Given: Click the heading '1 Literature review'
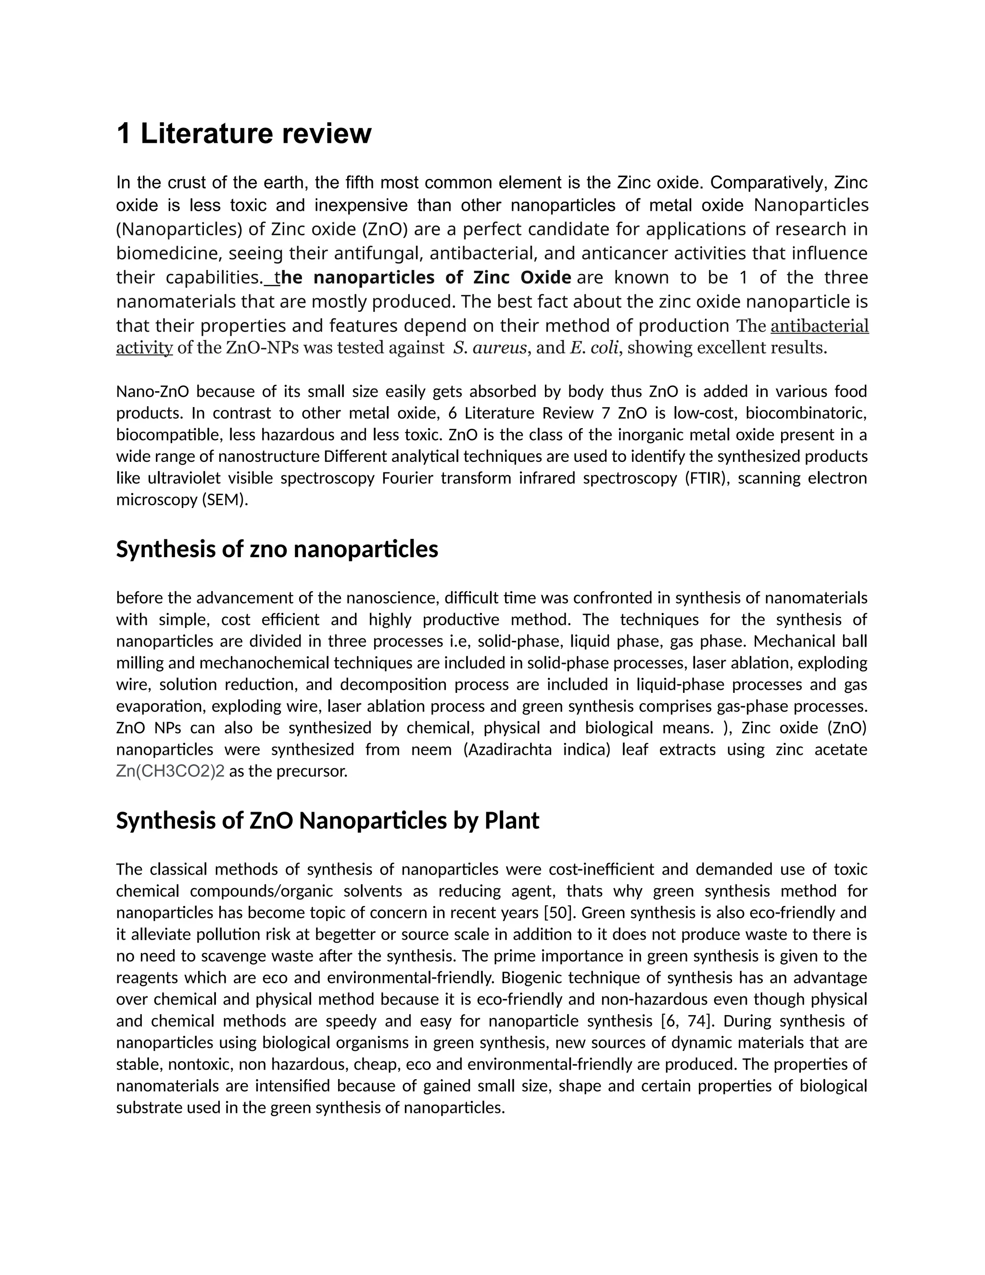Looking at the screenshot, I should click(244, 134).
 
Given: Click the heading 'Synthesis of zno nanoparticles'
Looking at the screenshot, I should click(277, 549).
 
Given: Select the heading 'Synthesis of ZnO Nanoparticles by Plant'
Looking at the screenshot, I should click(328, 821).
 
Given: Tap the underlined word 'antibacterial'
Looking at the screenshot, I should click(819, 326).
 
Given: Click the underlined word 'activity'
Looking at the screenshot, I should click(144, 348).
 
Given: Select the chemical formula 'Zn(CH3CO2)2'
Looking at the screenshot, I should click(170, 771).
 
